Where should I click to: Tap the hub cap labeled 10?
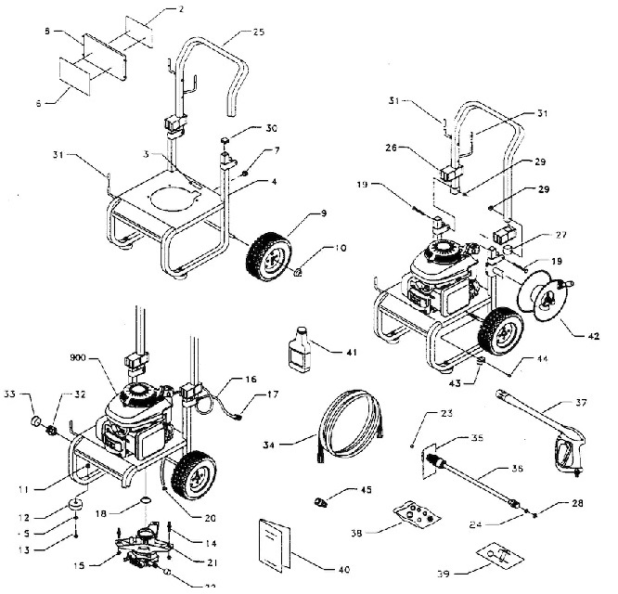click(297, 272)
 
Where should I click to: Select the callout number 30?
click(245, 127)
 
